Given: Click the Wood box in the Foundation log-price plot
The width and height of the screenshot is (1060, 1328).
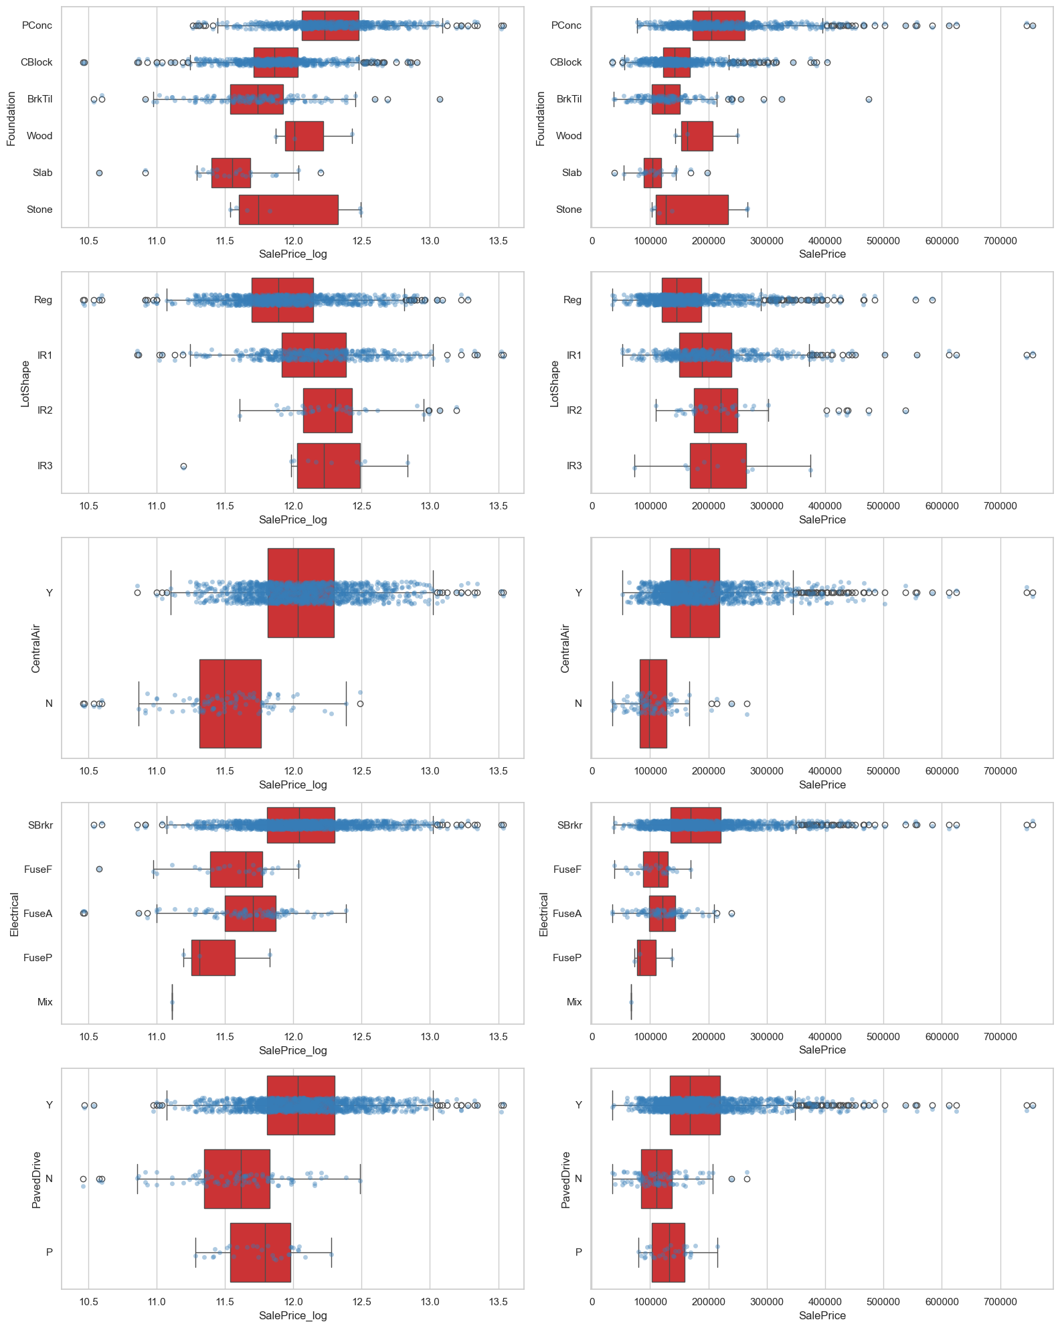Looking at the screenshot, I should pyautogui.click(x=304, y=136).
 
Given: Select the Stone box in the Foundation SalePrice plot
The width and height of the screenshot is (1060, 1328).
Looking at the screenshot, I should pyautogui.click(x=692, y=210).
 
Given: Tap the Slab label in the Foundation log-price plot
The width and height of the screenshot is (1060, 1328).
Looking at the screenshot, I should pyautogui.click(x=42, y=173).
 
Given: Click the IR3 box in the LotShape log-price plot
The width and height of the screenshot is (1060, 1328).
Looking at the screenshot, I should pyautogui.click(x=328, y=465).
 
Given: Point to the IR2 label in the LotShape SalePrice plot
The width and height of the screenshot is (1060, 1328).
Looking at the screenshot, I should pyautogui.click(x=574, y=410).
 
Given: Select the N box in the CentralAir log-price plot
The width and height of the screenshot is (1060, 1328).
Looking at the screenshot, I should pyautogui.click(x=230, y=703).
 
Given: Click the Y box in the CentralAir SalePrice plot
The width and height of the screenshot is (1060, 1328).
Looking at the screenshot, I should pyautogui.click(x=695, y=592).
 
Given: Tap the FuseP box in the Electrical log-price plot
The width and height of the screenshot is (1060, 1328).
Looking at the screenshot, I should pyautogui.click(x=213, y=958).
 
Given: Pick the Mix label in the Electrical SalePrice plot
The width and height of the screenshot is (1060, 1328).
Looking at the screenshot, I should pyautogui.click(x=574, y=1002).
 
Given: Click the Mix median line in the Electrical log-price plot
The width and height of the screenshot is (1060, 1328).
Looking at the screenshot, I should pyautogui.click(x=172, y=1002).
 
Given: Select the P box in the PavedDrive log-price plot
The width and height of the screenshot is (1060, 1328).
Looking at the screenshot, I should pyautogui.click(x=260, y=1252).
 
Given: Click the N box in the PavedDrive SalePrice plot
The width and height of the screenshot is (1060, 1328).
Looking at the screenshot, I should pyautogui.click(x=656, y=1179).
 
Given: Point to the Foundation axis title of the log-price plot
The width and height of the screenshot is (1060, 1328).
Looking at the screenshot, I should pyautogui.click(x=11, y=118).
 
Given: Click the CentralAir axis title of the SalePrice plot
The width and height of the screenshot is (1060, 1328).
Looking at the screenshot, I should pyautogui.click(x=565, y=648).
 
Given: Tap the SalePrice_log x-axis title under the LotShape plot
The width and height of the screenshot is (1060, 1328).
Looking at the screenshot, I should pyautogui.click(x=292, y=520).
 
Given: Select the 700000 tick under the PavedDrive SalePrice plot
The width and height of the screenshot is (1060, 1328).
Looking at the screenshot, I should pyautogui.click(x=1000, y=1302).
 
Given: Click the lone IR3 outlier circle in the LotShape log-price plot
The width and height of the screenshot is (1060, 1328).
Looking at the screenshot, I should pyautogui.click(x=183, y=466).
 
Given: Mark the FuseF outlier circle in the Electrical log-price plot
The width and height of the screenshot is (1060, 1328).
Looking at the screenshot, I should pyautogui.click(x=99, y=869).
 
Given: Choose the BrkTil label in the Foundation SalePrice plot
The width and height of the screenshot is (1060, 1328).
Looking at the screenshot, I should pyautogui.click(x=569, y=99).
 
